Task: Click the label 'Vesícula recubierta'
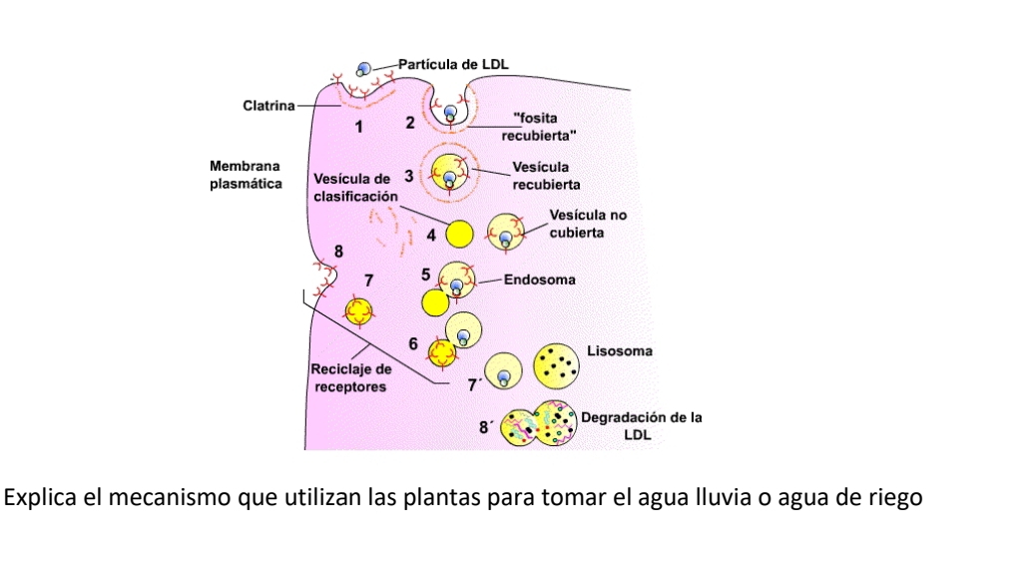point(546,177)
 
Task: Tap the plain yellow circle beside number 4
point(459,234)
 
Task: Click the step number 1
point(360,127)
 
